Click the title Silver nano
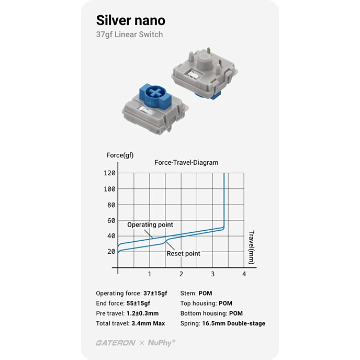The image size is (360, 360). (130, 20)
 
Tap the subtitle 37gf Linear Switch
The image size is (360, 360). (129, 35)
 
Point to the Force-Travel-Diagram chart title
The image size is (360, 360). (186, 163)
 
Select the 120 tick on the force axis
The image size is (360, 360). (109, 173)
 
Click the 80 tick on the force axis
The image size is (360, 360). (111, 205)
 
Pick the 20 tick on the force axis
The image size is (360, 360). (111, 252)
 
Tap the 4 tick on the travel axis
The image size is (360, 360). (244, 274)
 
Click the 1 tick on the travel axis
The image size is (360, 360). (150, 274)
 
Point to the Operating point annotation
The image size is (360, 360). (150, 224)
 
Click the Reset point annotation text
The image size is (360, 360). (183, 254)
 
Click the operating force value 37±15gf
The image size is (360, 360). (155, 294)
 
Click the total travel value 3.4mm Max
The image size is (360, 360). (148, 323)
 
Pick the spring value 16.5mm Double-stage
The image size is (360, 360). (233, 323)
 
